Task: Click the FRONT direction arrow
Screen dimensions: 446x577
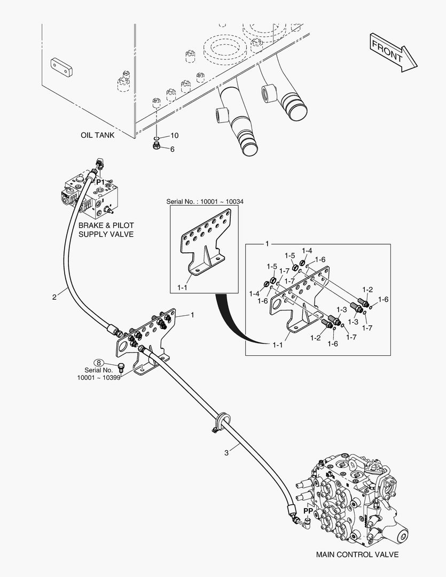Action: [393, 51]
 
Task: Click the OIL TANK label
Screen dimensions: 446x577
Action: [98, 135]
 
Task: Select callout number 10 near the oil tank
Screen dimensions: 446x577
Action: [174, 135]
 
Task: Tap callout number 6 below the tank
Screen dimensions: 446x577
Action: [172, 149]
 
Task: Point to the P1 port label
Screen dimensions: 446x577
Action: [100, 182]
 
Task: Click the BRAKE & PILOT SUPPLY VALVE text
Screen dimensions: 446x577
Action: [106, 230]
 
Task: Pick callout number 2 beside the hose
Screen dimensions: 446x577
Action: [54, 297]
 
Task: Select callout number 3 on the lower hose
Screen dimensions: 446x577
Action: [226, 453]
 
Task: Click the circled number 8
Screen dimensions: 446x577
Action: [99, 363]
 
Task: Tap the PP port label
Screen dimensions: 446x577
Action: [308, 511]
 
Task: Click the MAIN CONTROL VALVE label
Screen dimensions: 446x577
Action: [357, 554]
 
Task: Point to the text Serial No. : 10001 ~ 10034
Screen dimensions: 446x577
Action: [205, 201]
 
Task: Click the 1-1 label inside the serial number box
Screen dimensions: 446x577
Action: [182, 287]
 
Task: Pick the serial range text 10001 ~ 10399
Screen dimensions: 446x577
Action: [99, 378]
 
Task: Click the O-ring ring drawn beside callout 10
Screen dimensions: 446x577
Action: [157, 136]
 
